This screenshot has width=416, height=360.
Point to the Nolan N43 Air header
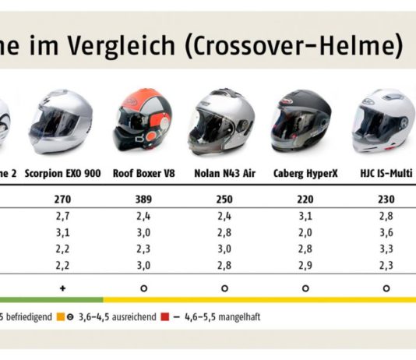(x=223, y=174)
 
